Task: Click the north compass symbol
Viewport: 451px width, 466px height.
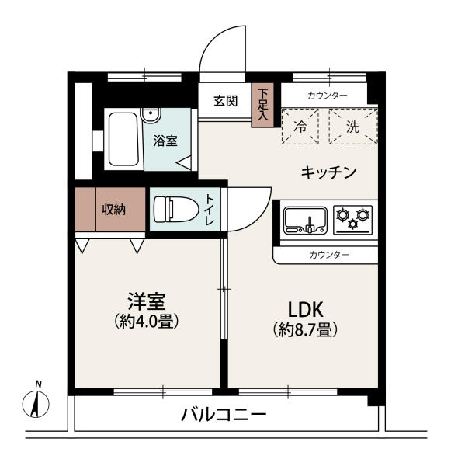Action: tap(36, 404)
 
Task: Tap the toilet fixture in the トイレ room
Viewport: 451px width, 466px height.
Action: tap(176, 209)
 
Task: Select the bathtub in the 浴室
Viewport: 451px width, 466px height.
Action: tap(123, 139)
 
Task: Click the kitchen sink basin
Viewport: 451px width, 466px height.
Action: tap(305, 221)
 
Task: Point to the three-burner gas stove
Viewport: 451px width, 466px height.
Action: tap(353, 220)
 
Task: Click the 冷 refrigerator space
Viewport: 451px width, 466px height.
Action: tap(300, 127)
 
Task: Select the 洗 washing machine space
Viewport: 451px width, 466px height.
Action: tap(353, 127)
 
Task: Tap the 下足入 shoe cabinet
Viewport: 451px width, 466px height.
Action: tap(262, 105)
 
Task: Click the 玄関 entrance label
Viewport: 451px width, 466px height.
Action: tap(226, 101)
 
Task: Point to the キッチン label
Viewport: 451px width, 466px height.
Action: tap(328, 172)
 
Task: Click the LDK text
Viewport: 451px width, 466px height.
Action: tap(305, 309)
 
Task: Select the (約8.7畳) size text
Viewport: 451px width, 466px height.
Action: tap(305, 329)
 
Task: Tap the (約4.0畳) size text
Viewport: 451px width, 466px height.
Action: tap(147, 321)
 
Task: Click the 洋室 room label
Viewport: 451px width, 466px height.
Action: tap(146, 301)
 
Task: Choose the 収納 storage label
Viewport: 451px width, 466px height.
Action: tap(113, 210)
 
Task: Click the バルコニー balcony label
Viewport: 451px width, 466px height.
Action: tap(224, 415)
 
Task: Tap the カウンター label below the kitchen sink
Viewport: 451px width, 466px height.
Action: tap(328, 255)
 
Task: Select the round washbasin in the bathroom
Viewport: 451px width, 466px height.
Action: tap(151, 115)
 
